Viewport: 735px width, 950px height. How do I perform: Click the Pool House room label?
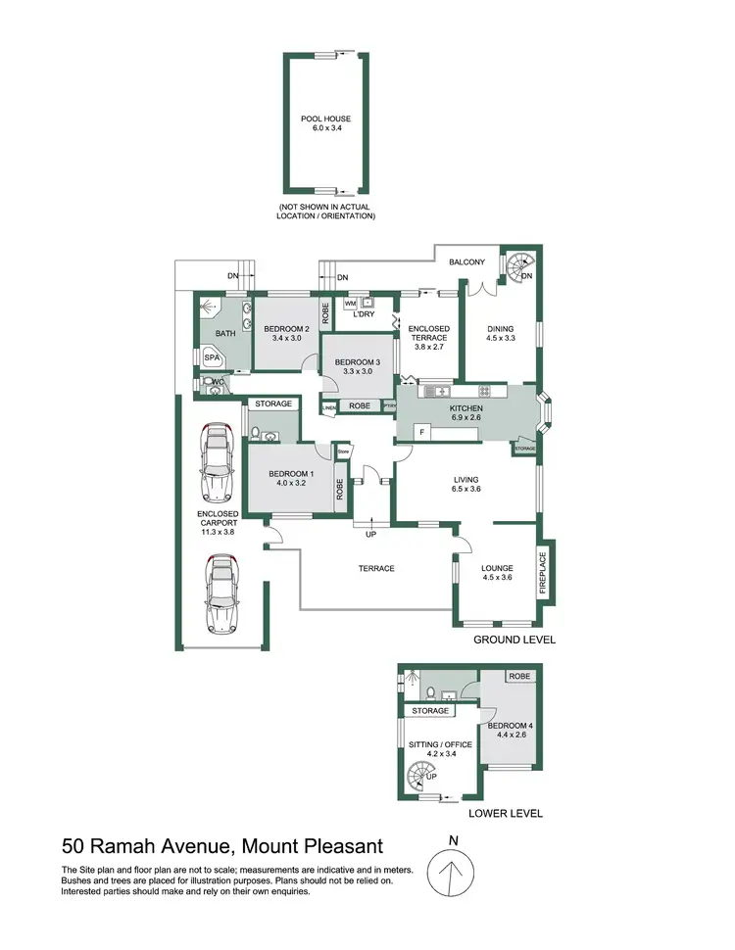325,119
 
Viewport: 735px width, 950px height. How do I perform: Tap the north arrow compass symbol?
451,871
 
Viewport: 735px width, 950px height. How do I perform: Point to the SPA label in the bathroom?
212,359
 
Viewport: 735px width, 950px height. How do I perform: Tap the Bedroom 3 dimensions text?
354,372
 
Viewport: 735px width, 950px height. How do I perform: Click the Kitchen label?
466,407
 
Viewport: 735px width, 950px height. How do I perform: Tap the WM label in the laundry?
350,304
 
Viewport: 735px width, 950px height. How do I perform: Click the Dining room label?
501,329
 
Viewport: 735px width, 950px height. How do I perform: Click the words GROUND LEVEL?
514,640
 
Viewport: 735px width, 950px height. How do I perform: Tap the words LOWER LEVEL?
505,813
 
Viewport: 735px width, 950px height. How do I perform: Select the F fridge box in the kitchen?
420,431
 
